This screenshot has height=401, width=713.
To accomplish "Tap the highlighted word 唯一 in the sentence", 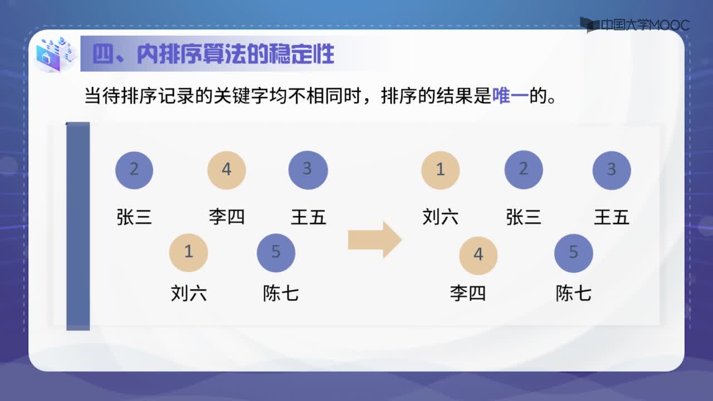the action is [x=510, y=95].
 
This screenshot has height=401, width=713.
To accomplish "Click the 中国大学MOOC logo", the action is [x=634, y=25].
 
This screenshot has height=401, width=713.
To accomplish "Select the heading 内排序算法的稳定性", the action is [x=236, y=53].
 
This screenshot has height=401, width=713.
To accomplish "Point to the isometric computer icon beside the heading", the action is [x=55, y=54].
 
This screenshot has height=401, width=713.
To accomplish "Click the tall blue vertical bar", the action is [x=78, y=226].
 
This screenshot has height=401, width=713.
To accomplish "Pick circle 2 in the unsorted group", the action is [x=134, y=170].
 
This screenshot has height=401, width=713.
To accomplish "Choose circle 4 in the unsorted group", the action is [x=227, y=170].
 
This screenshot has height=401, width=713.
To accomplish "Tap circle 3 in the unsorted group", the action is [x=308, y=170].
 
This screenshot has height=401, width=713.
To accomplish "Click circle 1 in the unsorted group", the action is [x=188, y=253].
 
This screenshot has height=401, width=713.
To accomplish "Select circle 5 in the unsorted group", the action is [x=276, y=253].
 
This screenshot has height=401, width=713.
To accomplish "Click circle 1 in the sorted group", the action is [x=441, y=170].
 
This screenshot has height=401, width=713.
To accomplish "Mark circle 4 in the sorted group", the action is [x=478, y=256].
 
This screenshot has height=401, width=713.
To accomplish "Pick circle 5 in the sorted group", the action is [x=574, y=253].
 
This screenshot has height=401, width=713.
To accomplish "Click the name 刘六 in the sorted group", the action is [x=441, y=217].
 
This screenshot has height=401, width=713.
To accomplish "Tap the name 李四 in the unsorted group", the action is [x=227, y=217].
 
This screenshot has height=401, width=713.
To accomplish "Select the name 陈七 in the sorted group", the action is [x=574, y=293].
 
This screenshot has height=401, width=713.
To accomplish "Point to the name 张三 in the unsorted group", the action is [x=134, y=217].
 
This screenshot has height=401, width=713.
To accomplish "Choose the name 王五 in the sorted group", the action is [x=612, y=217].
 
